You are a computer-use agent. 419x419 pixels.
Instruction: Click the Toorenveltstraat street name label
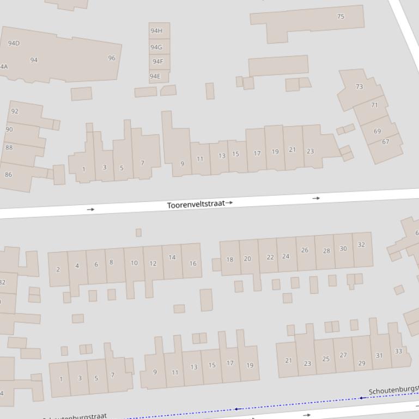coord(196,205)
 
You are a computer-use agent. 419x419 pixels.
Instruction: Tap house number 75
coord(341,16)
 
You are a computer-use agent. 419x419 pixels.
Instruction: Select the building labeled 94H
coord(156,31)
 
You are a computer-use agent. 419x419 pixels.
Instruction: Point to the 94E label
coord(155,76)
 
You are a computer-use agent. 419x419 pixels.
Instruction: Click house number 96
coord(112,58)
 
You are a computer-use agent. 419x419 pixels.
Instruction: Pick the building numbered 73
coord(359,87)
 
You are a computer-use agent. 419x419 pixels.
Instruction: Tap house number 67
coord(386,141)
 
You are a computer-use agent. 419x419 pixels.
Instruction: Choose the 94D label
coord(14,43)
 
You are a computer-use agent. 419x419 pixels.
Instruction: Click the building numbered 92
coord(15,111)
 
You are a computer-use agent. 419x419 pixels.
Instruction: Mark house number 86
coord(8,175)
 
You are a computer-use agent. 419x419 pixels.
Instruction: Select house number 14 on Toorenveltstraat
coord(172,257)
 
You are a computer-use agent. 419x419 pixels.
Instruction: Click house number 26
coord(305,250)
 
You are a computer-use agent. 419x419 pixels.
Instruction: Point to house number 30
coord(343,249)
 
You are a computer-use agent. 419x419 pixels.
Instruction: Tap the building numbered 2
coord(58,269)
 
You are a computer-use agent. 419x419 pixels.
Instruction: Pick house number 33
coord(398,351)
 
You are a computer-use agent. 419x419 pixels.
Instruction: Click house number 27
coord(343,355)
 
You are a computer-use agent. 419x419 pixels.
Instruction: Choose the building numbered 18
coord(229,260)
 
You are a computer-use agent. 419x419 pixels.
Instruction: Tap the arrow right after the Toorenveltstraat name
coord(229,202)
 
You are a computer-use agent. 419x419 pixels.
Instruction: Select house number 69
coord(378,131)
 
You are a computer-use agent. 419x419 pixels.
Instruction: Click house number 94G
coord(156,47)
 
